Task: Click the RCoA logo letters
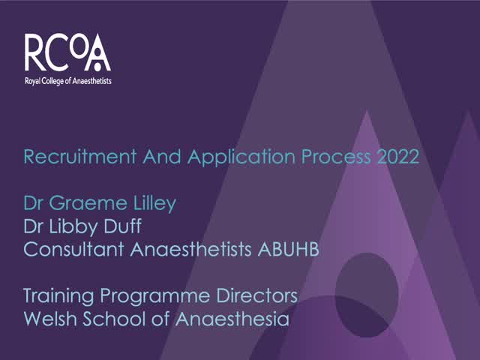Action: [67, 52]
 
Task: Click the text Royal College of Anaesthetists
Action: [67, 79]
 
